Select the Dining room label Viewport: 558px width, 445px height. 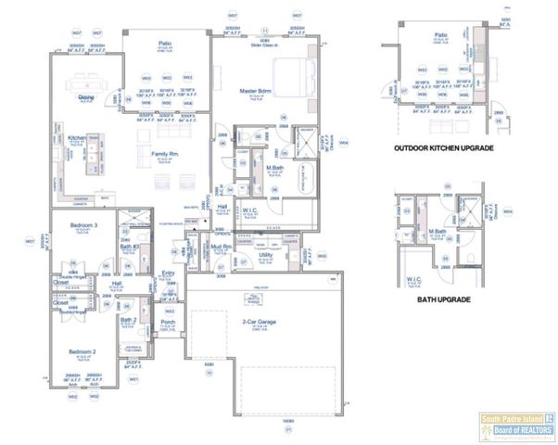tap(86, 96)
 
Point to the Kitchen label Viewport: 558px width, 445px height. tap(76, 138)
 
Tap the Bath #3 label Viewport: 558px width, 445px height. tap(129, 247)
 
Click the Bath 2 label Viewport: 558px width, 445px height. tap(129, 320)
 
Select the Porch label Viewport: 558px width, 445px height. tap(169, 323)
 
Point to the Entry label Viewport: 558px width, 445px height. tap(168, 273)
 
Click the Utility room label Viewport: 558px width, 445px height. tap(264, 253)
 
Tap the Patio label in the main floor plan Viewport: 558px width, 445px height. tap(165, 42)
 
